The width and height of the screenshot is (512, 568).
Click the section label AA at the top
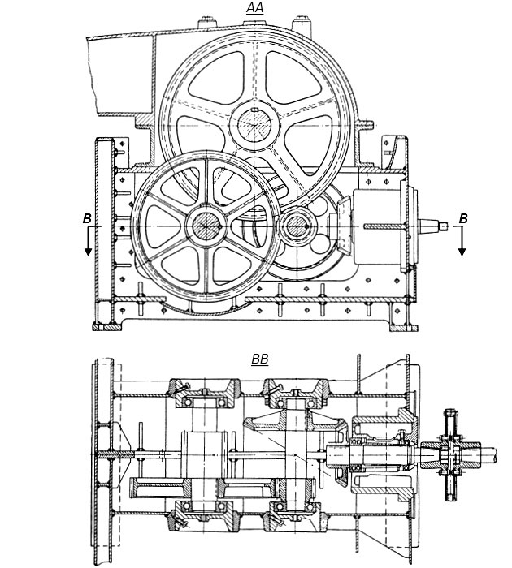[x=254, y=8]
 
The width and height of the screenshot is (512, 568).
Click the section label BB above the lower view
[x=260, y=359]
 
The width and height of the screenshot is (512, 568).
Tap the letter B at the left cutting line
[x=87, y=218]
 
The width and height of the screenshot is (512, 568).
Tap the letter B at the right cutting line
[x=463, y=218]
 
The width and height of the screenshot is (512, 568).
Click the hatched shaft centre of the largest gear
[x=254, y=125]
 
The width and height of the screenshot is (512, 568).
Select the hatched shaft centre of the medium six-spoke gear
[x=206, y=226]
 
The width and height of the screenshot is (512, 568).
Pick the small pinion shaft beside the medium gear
[x=297, y=226]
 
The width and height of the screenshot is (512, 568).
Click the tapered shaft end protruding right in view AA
[x=433, y=226]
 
